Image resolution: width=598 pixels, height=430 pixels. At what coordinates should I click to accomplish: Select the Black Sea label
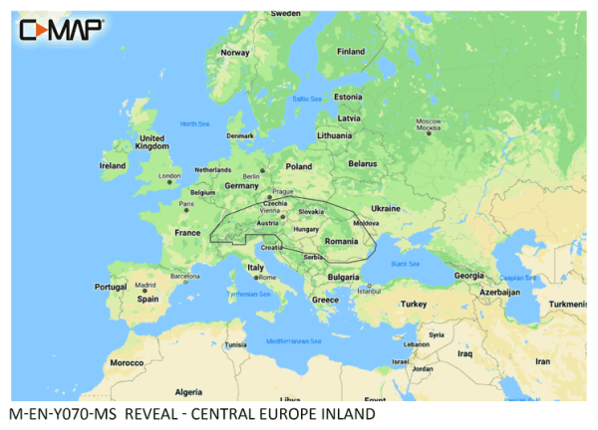coord(405,265)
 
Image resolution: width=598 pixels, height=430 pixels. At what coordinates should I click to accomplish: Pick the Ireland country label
coord(113,165)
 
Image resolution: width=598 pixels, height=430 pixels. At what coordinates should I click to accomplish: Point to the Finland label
coord(351,52)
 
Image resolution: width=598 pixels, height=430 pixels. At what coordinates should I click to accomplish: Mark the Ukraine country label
coord(385,208)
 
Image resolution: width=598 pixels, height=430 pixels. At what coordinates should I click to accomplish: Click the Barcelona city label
coord(185,276)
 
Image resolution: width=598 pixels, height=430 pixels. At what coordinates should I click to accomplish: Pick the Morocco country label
coord(127,362)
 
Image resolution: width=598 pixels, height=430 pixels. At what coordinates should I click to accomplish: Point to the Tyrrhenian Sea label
coord(248,294)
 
